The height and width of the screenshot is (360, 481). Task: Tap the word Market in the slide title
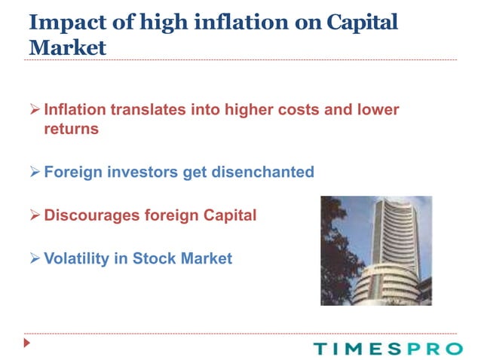tap(67, 47)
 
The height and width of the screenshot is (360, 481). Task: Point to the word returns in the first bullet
tap(71, 129)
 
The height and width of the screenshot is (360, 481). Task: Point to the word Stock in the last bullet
tap(154, 258)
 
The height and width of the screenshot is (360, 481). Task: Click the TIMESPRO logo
tap(388, 348)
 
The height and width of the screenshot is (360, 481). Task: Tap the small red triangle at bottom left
tap(28, 343)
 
